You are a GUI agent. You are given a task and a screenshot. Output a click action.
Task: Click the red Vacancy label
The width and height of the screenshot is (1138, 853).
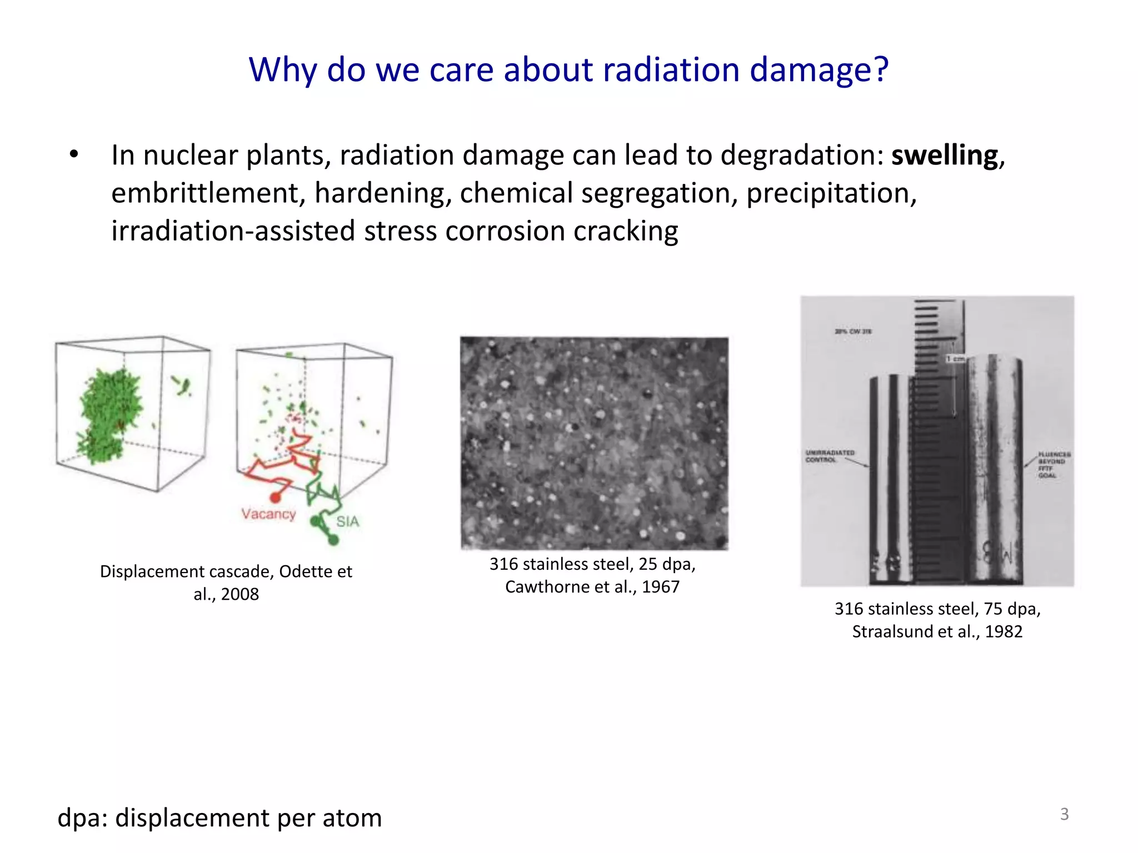[x=268, y=514]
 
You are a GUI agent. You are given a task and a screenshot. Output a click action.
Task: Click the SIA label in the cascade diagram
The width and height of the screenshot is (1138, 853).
[x=347, y=521]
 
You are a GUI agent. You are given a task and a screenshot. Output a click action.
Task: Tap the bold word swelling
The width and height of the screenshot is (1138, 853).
[x=945, y=155]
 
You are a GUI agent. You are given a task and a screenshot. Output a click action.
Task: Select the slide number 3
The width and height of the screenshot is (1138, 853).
[x=1064, y=814]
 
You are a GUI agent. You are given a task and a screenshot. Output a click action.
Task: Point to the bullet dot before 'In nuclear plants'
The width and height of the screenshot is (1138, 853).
[x=74, y=154]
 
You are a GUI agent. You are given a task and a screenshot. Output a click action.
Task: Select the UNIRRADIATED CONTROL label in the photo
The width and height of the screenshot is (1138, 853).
[x=830, y=456]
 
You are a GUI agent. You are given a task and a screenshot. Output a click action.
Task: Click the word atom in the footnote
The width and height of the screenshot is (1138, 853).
[x=352, y=818]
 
